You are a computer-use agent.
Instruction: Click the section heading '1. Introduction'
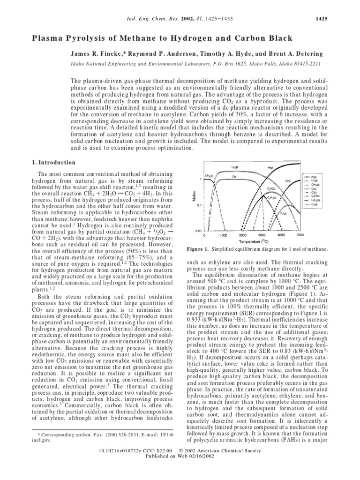(x=52, y=162)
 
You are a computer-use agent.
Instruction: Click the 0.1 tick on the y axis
(x=200, y=205)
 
